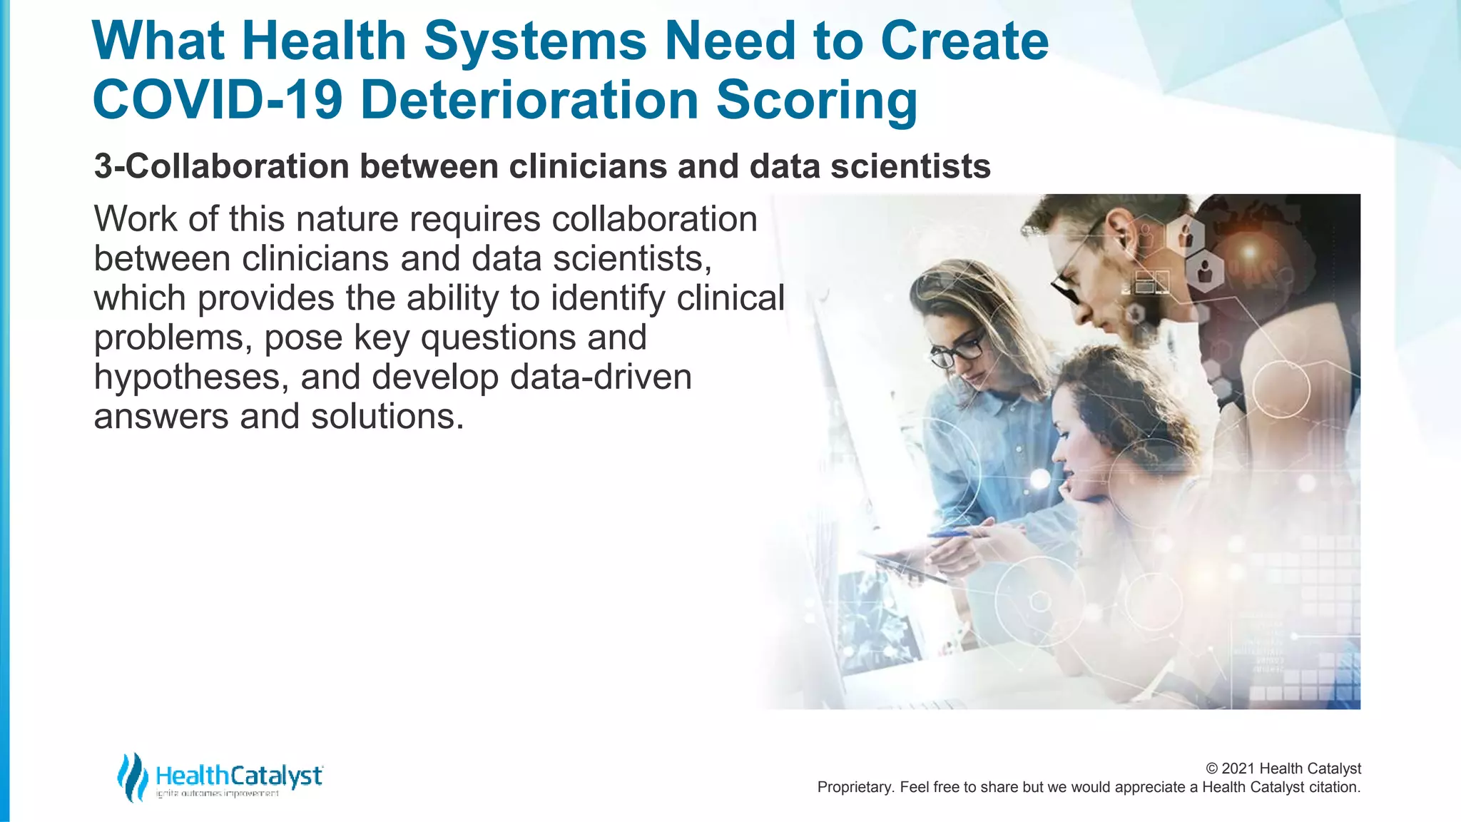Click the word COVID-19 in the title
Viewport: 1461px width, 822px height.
point(218,100)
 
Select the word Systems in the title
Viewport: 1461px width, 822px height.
point(535,41)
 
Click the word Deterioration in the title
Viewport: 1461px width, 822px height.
point(529,100)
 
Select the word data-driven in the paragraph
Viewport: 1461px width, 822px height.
point(601,377)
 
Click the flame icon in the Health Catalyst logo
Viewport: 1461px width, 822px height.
point(132,777)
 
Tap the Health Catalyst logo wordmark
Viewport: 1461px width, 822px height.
point(239,776)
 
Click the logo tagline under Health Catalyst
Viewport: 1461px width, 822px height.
point(217,793)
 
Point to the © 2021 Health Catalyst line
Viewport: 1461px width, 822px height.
point(1283,768)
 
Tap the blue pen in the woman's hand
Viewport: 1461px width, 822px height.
point(952,533)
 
